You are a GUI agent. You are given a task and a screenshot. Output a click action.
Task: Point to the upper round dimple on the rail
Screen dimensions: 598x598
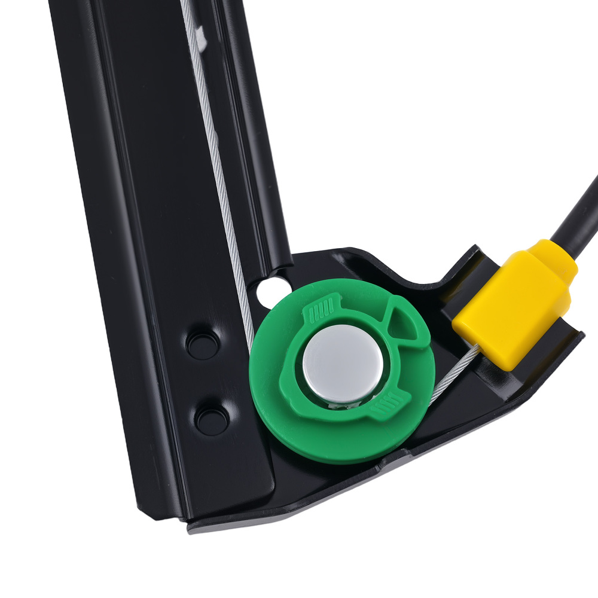click(202, 343)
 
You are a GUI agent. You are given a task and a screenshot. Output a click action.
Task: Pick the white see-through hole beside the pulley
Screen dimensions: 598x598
click(264, 291)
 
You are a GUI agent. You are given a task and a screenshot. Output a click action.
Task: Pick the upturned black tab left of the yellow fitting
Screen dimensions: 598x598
click(460, 263)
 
